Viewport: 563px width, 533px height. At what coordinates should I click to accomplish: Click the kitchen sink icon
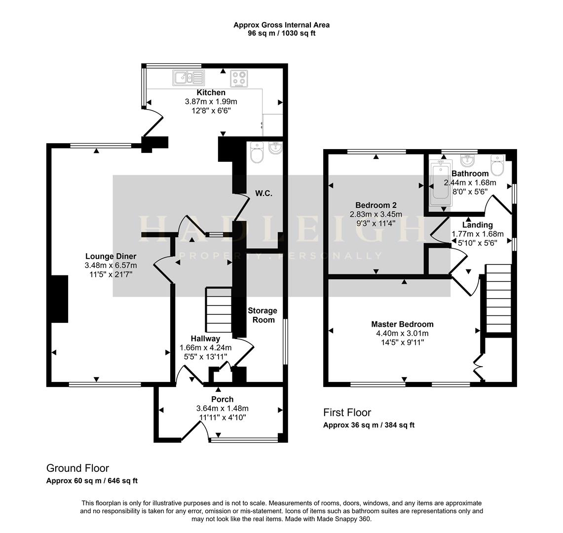coord(188,77)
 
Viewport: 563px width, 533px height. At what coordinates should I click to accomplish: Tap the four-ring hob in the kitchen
coord(240,78)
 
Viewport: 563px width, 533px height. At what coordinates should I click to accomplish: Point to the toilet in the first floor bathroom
coord(497,166)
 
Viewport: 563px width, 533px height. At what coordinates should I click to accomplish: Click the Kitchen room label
coord(211,93)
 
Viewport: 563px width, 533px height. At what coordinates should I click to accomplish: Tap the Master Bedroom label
coord(402,324)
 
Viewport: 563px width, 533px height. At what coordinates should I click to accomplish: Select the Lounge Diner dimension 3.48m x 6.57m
coord(111,266)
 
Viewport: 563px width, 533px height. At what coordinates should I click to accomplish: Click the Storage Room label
coord(262,315)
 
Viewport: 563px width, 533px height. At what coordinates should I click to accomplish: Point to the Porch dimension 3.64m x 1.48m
coord(222,408)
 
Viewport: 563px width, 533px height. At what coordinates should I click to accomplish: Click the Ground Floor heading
coord(77,468)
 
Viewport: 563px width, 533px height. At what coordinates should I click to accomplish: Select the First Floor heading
coord(347,412)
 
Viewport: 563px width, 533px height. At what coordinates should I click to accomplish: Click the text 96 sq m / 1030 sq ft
coord(281,34)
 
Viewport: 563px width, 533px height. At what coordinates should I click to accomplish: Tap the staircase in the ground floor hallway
coord(218,310)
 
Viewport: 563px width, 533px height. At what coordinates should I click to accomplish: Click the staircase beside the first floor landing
coord(498,299)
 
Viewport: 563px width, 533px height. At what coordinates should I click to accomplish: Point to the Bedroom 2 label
coord(376,205)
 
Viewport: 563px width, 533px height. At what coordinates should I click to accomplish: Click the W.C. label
coord(264,193)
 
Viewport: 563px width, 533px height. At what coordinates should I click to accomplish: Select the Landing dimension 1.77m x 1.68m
coord(478,234)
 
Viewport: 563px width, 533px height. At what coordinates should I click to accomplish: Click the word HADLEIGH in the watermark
coord(281,229)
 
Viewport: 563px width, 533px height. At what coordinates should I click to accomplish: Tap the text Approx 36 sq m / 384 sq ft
coord(369,425)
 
